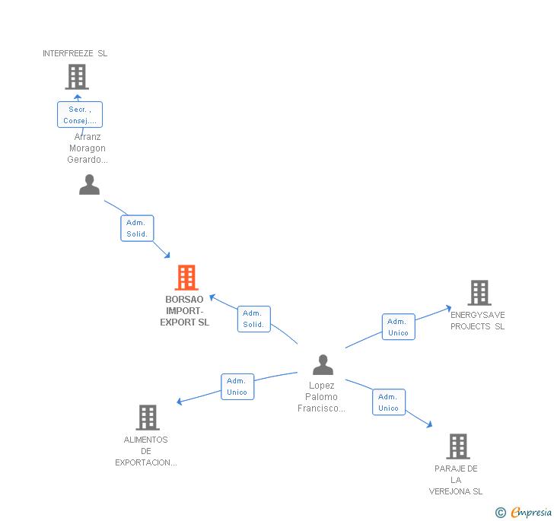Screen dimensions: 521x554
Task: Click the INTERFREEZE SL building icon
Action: pos(76,76)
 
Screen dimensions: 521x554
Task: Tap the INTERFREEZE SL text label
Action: pos(75,53)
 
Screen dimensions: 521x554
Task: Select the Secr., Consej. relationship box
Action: pos(80,115)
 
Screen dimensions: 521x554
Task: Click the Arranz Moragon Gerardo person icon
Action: pos(90,184)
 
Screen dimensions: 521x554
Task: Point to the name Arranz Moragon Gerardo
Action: pos(88,148)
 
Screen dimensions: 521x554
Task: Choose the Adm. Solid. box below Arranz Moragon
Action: pos(137,228)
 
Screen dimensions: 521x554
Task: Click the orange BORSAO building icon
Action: pos(186,278)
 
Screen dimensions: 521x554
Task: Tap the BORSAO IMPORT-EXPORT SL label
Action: pos(185,311)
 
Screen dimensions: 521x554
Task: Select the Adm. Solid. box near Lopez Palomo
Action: pos(253,319)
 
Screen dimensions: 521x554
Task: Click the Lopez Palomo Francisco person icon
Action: pos(323,364)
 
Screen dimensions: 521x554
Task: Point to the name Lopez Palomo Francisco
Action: pos(321,397)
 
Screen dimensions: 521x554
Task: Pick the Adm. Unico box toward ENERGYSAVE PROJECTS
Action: pos(398,327)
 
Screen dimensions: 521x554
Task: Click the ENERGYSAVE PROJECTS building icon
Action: pos(479,292)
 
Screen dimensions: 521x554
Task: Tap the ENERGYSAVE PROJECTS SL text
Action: pos(477,320)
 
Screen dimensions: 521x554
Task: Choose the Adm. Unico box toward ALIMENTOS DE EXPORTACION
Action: pos(237,386)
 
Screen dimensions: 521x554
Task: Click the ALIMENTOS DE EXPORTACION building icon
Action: pos(148,417)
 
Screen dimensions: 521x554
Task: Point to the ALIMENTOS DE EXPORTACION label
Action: pos(146,451)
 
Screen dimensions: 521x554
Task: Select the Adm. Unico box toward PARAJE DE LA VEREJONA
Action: pos(388,402)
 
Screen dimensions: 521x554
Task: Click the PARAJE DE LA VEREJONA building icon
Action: pos(457,446)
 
